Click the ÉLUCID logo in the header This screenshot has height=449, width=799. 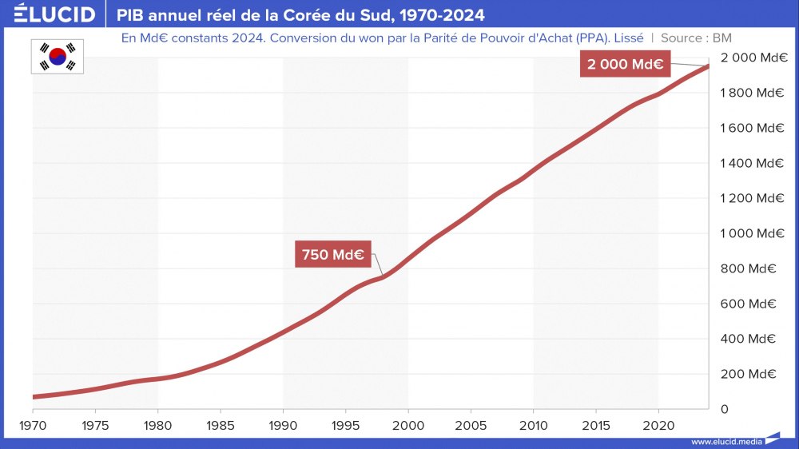pyautogui.click(x=54, y=14)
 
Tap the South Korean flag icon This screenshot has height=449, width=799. pyautogui.click(x=58, y=55)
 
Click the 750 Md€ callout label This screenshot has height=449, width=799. pyautogui.click(x=333, y=255)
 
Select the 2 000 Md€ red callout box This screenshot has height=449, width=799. pyautogui.click(x=625, y=65)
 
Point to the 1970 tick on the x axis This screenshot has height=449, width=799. pyautogui.click(x=33, y=423)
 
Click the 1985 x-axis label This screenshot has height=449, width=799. pyautogui.click(x=221, y=423)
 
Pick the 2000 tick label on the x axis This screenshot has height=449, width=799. pyautogui.click(x=408, y=423)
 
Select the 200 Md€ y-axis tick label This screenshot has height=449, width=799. pyautogui.click(x=752, y=374)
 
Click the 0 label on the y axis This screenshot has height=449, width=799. pyautogui.click(x=724, y=409)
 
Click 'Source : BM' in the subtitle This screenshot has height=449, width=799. pyautogui.click(x=696, y=38)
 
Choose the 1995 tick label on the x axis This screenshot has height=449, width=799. pyautogui.click(x=346, y=423)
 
